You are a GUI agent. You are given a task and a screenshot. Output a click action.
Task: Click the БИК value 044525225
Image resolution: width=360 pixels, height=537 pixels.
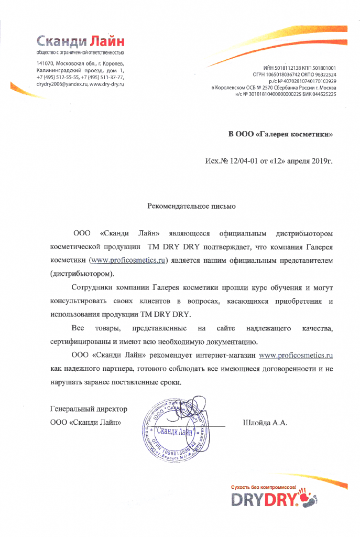coord(320,94)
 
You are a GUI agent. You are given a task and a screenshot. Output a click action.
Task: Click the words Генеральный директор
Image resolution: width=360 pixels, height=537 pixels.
coord(88,409)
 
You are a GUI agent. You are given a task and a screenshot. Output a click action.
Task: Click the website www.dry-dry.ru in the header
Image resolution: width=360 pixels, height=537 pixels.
coord(106,84)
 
